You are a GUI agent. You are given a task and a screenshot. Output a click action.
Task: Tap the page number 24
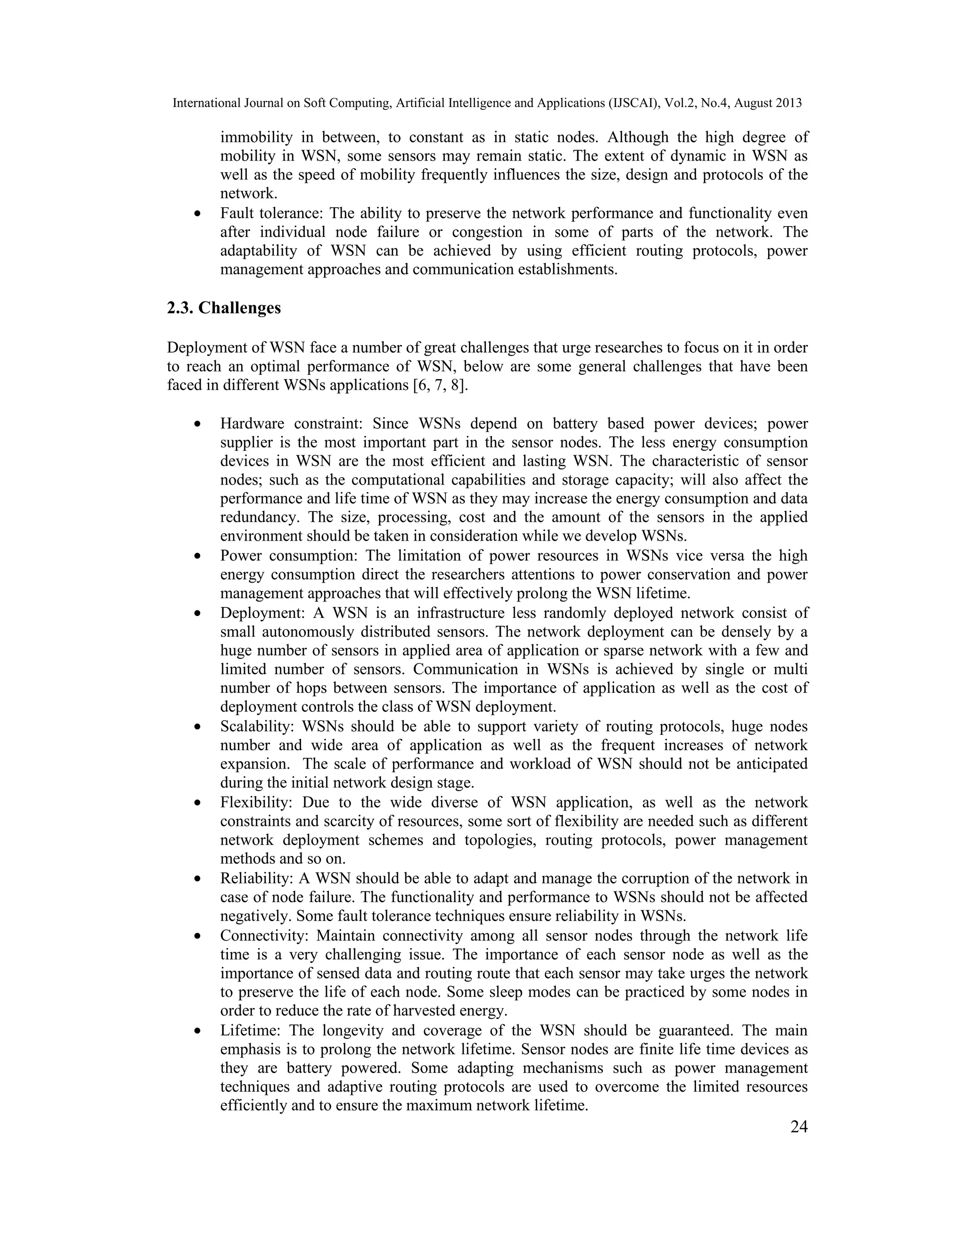(x=799, y=1126)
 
